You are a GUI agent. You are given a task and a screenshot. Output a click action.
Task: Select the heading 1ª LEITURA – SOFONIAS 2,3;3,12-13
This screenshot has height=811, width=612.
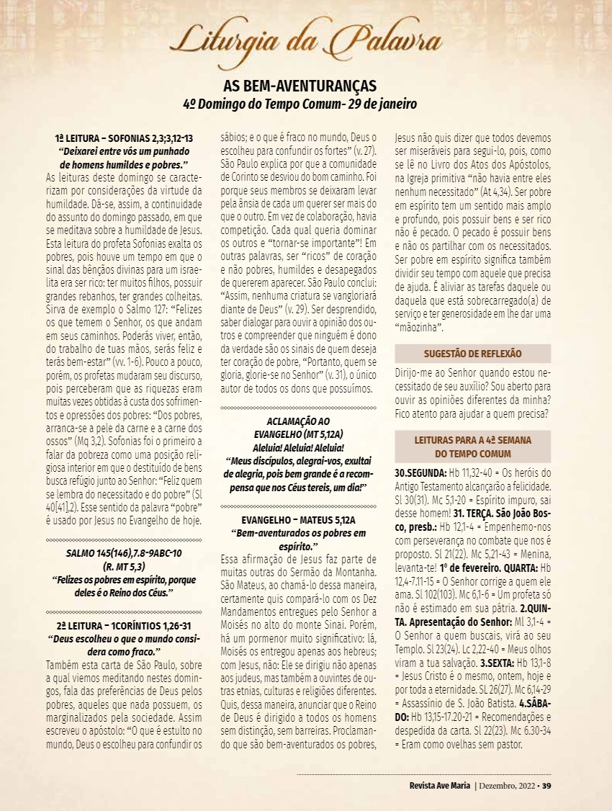(123, 138)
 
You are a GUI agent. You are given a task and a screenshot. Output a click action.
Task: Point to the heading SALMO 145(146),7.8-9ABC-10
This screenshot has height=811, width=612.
(123, 552)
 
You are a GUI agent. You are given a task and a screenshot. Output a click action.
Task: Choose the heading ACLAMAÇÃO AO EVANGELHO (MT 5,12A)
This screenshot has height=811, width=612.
(298, 427)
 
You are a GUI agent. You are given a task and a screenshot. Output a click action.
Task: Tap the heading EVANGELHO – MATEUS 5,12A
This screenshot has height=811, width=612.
(298, 519)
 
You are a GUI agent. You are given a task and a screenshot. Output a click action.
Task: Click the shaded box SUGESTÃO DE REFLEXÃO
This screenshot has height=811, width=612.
(472, 354)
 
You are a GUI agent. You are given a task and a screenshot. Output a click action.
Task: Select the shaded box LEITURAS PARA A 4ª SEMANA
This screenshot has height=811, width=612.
(472, 446)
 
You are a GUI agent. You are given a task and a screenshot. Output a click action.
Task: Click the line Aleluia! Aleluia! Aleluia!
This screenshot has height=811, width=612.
(298, 447)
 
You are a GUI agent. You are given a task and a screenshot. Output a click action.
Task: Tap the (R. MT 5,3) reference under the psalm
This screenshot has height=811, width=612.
(123, 565)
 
